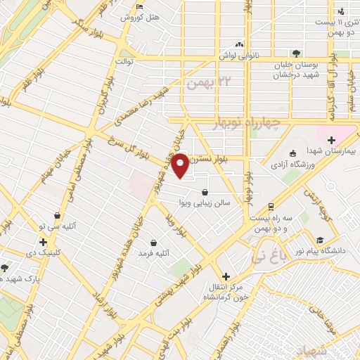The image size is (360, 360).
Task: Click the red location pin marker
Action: click(x=181, y=164)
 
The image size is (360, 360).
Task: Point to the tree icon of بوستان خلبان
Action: click(x=296, y=53)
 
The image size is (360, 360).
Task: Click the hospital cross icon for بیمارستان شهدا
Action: click(x=331, y=139)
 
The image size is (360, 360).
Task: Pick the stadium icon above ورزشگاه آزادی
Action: click(x=293, y=154)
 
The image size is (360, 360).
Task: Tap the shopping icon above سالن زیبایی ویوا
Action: click(x=205, y=192)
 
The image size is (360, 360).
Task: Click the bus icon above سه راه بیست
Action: click(x=271, y=207)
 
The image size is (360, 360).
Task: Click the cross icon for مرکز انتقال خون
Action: click(x=225, y=276)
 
